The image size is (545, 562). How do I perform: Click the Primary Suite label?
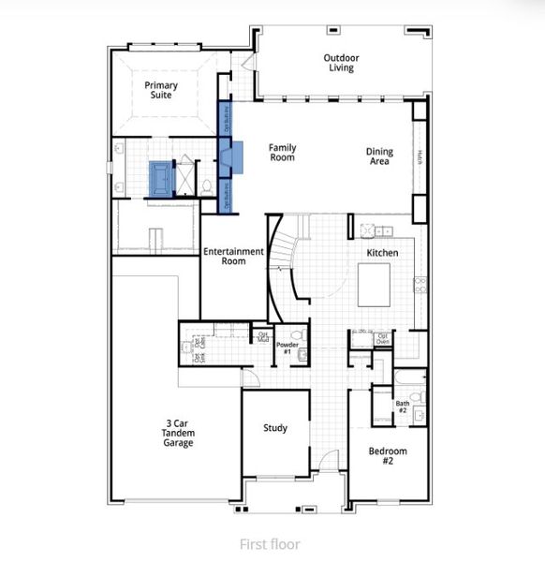[161, 90]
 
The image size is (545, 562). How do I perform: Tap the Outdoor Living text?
[341, 63]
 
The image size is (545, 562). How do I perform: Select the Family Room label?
[282, 152]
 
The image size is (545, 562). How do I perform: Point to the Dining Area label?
[379, 156]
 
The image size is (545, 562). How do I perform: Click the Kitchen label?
[382, 253]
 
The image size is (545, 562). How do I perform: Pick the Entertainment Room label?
[233, 256]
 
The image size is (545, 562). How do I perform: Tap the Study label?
[275, 428]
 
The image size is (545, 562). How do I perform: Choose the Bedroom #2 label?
[387, 456]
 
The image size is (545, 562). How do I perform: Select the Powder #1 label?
[287, 348]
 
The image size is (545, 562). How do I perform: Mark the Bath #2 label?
[402, 407]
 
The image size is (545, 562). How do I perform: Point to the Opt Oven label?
[381, 338]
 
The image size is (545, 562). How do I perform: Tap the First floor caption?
[270, 543]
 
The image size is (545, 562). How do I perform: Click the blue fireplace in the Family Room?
[233, 155]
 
